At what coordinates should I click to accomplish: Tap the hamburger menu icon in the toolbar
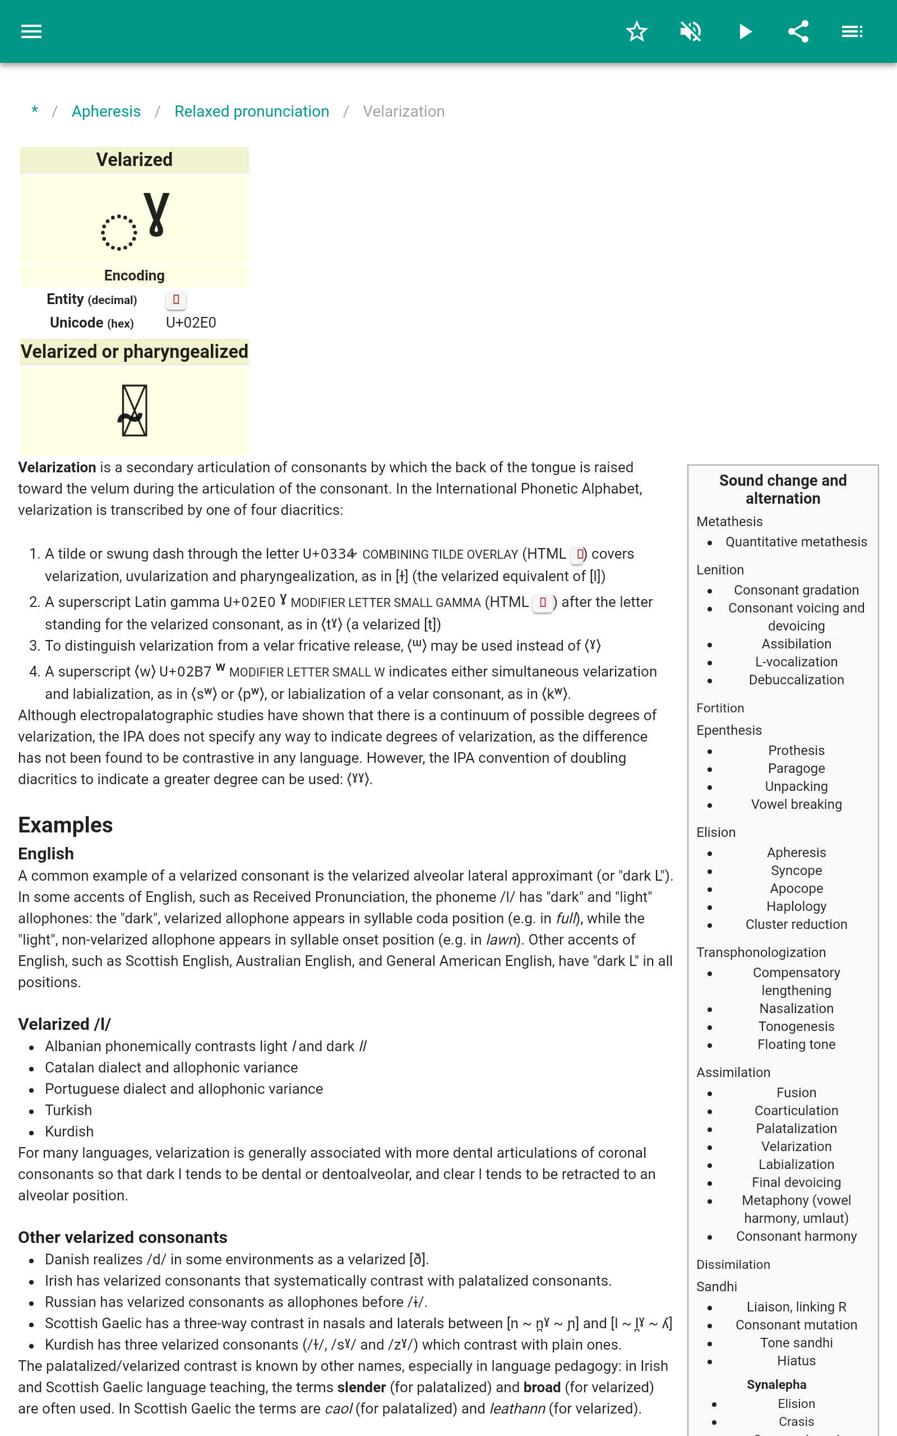tap(31, 31)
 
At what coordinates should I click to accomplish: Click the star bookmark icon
tap(636, 31)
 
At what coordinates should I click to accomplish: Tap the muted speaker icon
tap(691, 31)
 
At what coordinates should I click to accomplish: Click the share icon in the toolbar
tap(798, 31)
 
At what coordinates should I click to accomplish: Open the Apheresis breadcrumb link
tap(106, 112)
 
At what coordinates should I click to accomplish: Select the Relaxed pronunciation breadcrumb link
tap(252, 112)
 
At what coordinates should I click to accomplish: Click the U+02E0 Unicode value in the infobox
tap(191, 323)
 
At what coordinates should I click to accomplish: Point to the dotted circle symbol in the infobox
tap(119, 232)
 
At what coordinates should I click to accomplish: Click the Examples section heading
tap(65, 825)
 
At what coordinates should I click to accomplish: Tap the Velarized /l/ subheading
tap(64, 1024)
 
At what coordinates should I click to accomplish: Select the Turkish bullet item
tap(68, 1110)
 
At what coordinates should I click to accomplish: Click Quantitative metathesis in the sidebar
tap(796, 542)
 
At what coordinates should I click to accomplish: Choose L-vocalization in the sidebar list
tap(796, 662)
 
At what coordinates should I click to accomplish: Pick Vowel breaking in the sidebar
tap(796, 804)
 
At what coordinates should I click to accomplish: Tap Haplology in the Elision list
tap(796, 906)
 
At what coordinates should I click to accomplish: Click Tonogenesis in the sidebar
tap(796, 1026)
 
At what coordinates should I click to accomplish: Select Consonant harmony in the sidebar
tap(796, 1236)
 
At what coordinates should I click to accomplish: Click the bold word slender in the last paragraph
tap(361, 1387)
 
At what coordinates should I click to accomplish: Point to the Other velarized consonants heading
tap(123, 1237)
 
